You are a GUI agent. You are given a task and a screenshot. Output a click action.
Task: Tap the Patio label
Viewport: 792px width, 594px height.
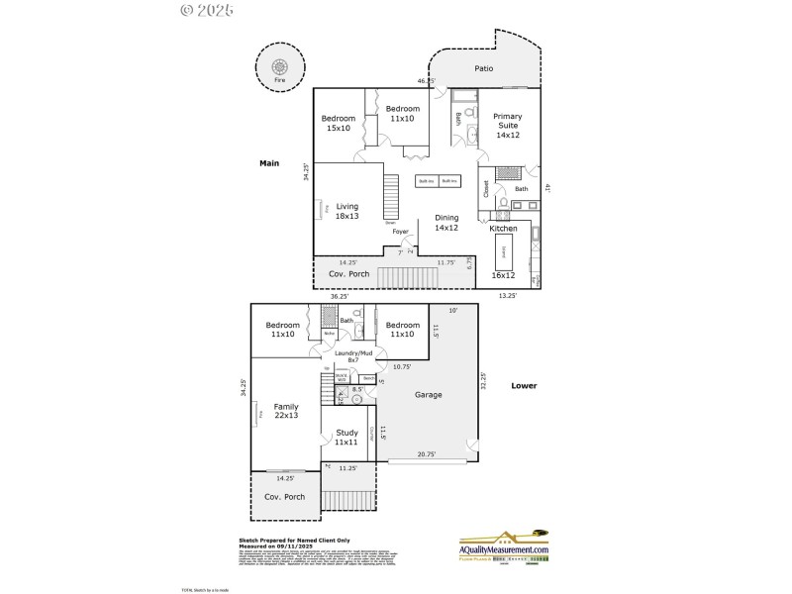(x=483, y=68)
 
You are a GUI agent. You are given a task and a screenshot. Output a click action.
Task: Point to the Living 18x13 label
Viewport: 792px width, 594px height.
(x=347, y=211)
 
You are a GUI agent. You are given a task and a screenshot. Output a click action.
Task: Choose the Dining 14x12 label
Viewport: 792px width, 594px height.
(x=446, y=223)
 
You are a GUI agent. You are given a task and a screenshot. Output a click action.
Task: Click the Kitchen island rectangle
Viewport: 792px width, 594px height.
(x=503, y=254)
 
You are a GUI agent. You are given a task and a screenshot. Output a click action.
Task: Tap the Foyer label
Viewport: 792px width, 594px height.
(x=401, y=232)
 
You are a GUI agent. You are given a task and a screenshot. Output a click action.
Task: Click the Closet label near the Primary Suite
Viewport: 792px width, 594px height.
(x=486, y=188)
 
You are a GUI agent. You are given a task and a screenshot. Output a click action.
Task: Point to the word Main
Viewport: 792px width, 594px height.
(x=269, y=163)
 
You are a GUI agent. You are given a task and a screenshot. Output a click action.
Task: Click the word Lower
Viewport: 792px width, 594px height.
(x=524, y=386)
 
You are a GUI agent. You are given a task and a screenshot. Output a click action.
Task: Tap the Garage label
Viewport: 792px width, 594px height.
(x=428, y=394)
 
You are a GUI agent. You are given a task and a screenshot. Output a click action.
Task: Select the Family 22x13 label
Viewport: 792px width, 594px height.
(x=285, y=411)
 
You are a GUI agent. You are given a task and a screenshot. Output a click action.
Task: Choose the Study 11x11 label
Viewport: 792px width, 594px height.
(x=346, y=437)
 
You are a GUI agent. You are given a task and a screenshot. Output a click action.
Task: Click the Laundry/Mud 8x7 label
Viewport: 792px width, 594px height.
(x=352, y=356)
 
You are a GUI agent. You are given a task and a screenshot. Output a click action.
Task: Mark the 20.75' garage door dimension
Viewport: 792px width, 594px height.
(x=428, y=453)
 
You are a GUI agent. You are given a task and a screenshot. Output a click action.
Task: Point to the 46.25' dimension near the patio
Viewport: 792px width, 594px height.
(x=426, y=81)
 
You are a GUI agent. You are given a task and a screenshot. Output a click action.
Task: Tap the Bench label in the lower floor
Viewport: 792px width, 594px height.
(x=367, y=378)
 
